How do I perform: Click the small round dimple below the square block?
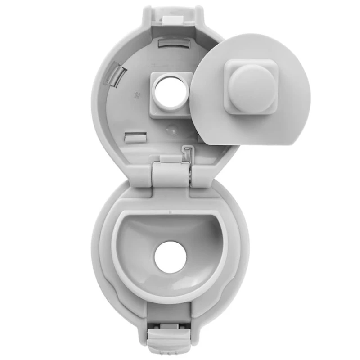(170, 128)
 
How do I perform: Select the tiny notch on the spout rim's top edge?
(171, 210)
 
